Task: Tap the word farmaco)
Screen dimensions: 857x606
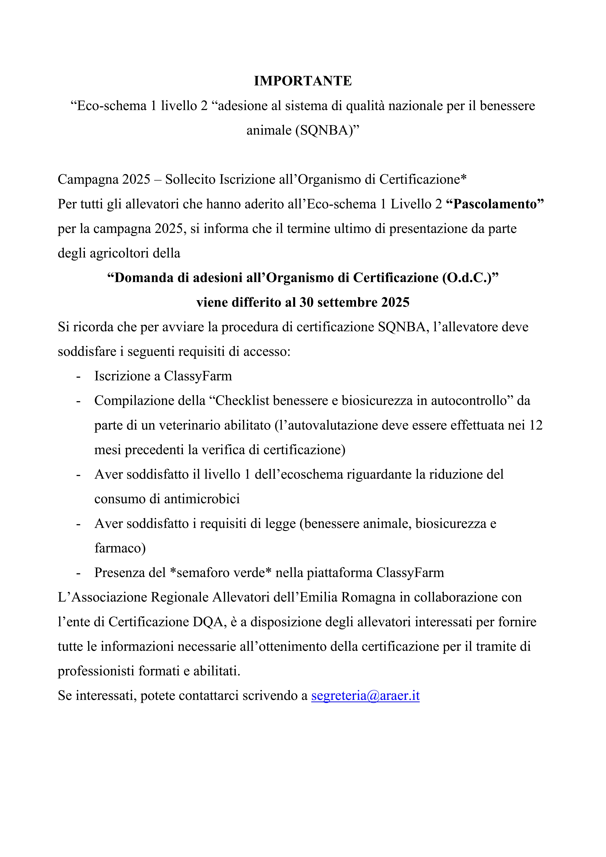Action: click(120, 548)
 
